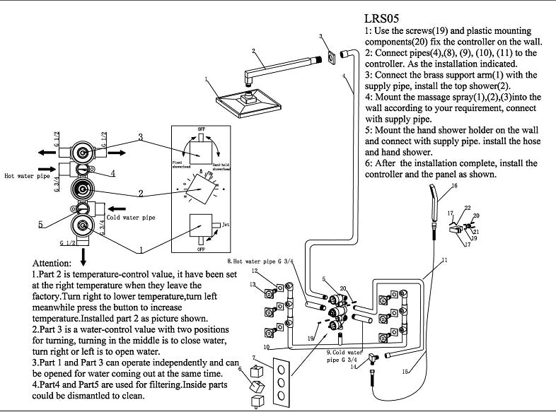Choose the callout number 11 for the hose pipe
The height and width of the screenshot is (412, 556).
click(444, 261)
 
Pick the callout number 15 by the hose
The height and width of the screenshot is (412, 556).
click(405, 371)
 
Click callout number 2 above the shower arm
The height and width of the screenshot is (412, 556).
click(253, 51)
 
